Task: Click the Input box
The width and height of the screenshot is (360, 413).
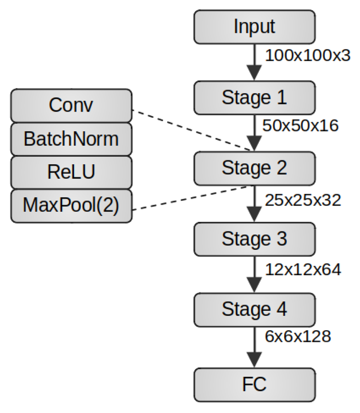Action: pos(254,27)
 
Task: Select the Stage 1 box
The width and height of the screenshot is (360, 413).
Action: pos(254,98)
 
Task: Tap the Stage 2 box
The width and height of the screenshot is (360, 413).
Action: pos(254,168)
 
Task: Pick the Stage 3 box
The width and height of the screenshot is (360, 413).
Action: pos(254,239)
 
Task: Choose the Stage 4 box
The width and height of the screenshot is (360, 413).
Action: pos(254,310)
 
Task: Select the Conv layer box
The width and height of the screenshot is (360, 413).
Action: pos(71,106)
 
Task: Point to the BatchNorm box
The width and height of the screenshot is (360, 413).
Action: pos(71,139)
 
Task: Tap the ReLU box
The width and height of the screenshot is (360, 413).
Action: pos(71,172)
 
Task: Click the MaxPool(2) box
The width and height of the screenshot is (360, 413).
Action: pos(71,206)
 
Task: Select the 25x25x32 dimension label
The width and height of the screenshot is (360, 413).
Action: pos(303,200)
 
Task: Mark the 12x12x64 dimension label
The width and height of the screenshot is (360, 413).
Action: pos(303,270)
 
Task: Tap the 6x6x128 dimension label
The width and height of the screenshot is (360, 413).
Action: pos(298,336)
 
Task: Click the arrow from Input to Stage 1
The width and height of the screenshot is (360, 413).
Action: pos(254,62)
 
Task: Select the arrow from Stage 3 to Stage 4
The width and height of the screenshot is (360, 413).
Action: pos(254,274)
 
